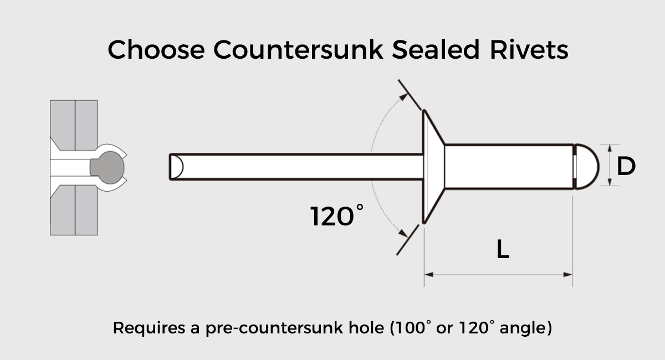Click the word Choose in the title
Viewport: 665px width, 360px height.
coord(156,49)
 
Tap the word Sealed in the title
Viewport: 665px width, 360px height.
coord(436,49)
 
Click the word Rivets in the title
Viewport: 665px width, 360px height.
coord(529,49)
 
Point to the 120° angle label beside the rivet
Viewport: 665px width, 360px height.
coord(336,216)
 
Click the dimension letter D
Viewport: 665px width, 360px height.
coord(626,167)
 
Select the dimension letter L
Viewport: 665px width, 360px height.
coord(503,249)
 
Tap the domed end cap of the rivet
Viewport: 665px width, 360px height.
coord(587,167)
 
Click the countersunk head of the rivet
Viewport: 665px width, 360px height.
coord(433,167)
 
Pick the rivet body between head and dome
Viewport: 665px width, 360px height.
coord(509,167)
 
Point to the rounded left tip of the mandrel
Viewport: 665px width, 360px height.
coord(176,167)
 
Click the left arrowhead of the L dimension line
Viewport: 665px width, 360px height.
coord(429,275)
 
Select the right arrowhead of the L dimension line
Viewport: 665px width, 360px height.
coord(567,275)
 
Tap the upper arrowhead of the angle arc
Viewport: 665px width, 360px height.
coord(404,96)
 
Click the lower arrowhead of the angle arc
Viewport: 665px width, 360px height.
coord(403,234)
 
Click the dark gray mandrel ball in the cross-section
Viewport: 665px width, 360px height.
coord(108,167)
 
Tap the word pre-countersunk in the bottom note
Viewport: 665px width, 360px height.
coord(274,328)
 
